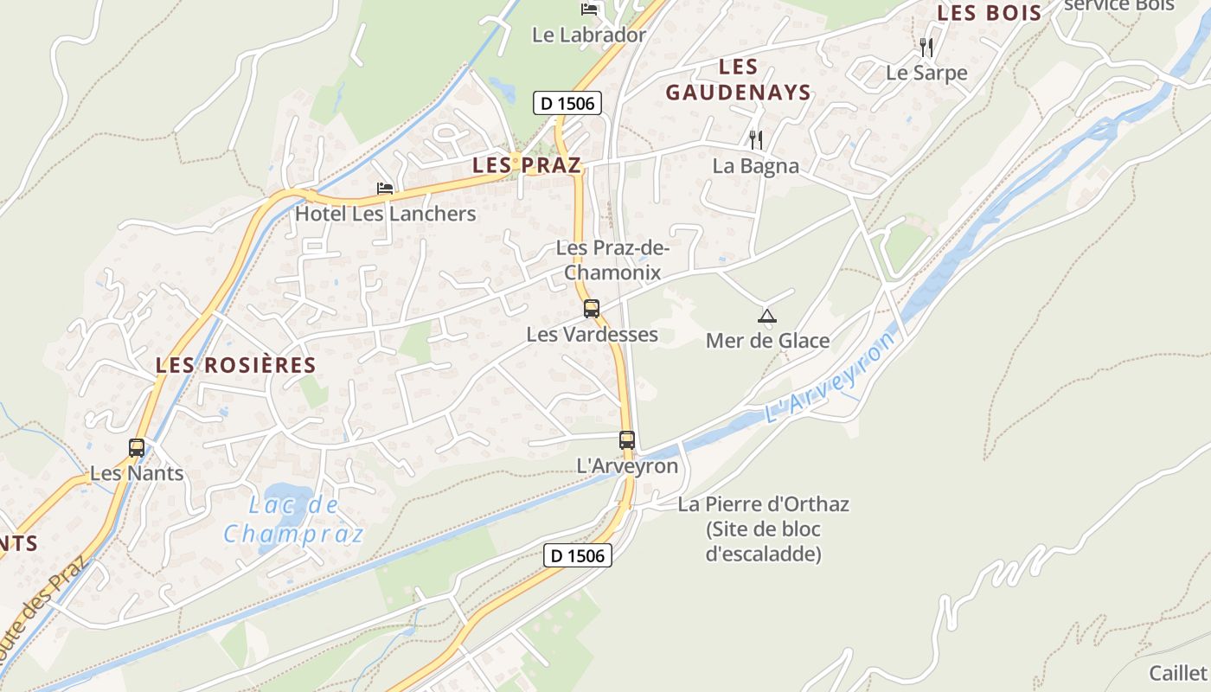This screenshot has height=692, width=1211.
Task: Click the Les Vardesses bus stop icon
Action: [592, 309]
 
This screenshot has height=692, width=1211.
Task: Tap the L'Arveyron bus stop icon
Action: [627, 440]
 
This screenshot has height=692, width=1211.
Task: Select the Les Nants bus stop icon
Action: [137, 448]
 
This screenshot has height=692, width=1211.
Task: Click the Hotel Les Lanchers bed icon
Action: [385, 189]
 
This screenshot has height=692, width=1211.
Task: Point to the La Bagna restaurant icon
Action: [756, 139]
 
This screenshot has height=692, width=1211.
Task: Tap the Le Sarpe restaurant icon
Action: [926, 47]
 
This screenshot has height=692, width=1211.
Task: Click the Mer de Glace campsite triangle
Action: [766, 316]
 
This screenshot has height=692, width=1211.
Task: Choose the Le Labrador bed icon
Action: [590, 10]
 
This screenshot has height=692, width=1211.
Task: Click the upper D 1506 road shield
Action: [567, 104]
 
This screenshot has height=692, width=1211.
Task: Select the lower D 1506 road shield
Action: [578, 555]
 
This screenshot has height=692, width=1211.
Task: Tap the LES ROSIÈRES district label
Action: [236, 365]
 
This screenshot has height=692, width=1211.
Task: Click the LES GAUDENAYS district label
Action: [738, 80]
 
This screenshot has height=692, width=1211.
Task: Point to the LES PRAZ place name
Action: [526, 165]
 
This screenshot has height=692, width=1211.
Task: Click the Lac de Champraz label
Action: [294, 520]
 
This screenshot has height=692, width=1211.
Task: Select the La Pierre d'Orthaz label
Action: [764, 529]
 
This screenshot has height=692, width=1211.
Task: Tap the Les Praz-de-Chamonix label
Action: [612, 260]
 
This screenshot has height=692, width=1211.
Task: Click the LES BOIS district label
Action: [990, 13]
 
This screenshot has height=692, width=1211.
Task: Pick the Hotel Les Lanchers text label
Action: [386, 214]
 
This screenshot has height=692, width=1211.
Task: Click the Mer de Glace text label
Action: [767, 341]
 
